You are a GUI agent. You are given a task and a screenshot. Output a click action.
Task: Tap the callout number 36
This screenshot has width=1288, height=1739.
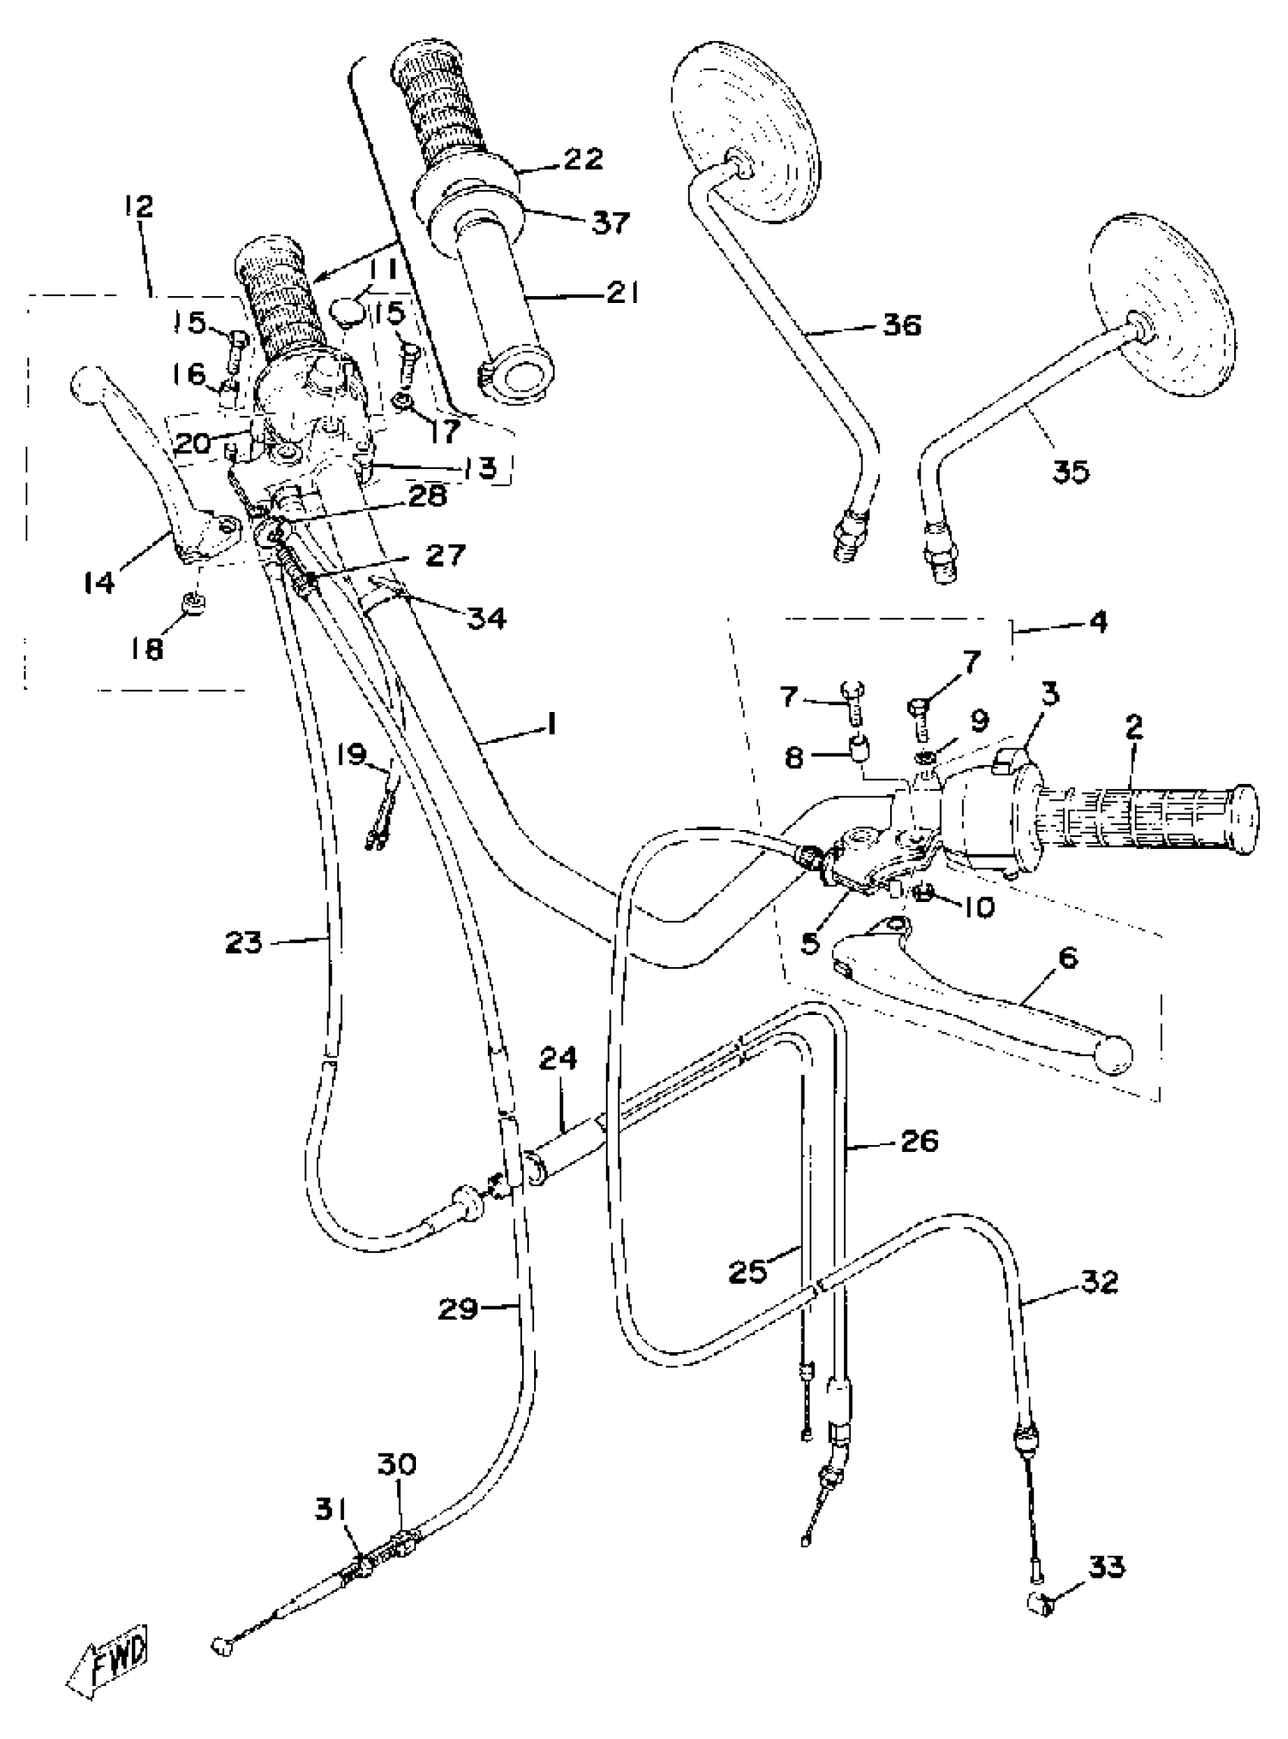(902, 324)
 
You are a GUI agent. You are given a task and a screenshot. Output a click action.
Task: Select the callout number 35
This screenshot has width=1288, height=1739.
(1071, 472)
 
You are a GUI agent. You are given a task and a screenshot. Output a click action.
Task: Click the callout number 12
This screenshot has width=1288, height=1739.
(138, 208)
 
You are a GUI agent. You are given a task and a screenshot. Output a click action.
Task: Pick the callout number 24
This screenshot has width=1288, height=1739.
(558, 1060)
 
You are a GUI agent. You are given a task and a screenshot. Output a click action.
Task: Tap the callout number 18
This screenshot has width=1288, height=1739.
(145, 648)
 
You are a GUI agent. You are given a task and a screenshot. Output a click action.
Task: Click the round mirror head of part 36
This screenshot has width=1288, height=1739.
(747, 129)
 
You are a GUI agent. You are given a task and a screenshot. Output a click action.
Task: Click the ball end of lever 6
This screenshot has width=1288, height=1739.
(1115, 1055)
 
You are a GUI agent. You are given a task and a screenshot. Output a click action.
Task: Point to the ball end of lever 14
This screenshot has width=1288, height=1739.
(86, 385)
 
